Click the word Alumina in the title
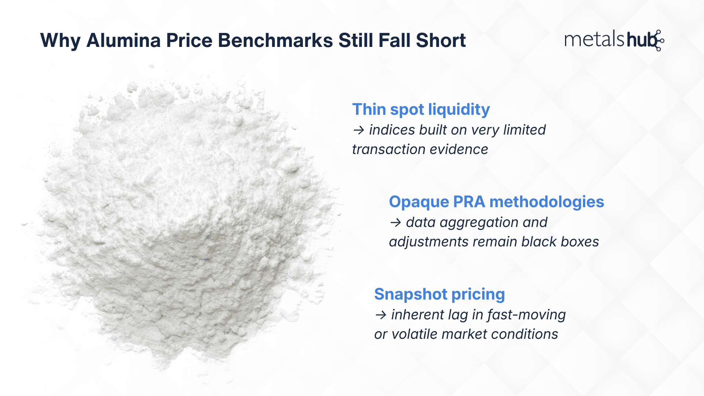click(x=123, y=40)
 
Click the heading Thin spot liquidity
click(x=421, y=109)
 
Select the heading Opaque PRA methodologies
click(x=496, y=202)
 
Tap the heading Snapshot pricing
click(x=439, y=294)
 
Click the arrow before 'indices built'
click(x=358, y=130)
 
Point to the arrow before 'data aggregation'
click(x=395, y=223)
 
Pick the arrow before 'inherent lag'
click(x=381, y=315)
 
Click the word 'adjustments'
click(x=429, y=242)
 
